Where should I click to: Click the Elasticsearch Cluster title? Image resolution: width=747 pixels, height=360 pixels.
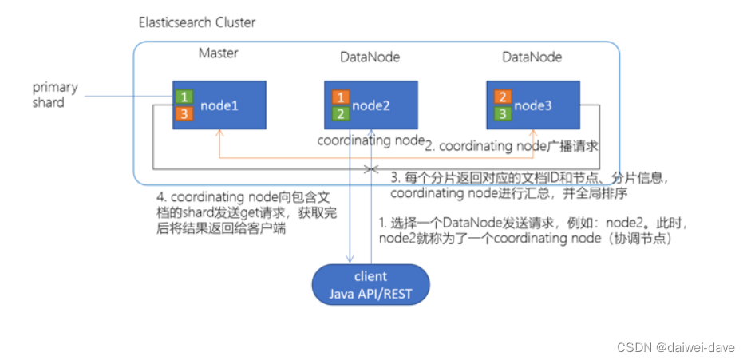pos(198,22)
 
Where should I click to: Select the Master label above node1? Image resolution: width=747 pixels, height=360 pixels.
pos(218,54)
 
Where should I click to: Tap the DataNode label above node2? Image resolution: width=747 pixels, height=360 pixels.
pos(370,57)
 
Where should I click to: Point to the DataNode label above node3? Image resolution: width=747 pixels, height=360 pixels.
pos(532,57)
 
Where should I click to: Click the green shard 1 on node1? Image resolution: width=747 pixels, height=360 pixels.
pos(184,97)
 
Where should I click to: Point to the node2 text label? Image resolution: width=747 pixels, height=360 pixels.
pos(370,105)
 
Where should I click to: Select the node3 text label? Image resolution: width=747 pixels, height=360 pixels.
pos(532,105)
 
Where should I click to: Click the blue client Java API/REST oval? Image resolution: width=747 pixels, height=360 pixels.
pos(370,283)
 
